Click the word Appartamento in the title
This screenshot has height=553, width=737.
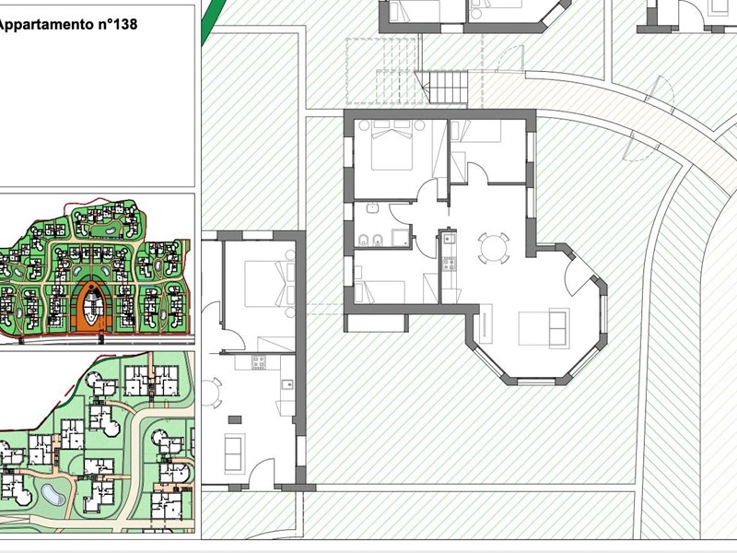click(x=46, y=25)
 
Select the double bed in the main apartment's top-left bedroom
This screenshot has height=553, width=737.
click(x=392, y=146)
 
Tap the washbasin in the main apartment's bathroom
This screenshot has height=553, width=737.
click(x=373, y=207)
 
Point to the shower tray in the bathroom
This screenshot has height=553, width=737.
click(x=401, y=238)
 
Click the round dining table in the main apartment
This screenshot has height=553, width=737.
click(x=493, y=246)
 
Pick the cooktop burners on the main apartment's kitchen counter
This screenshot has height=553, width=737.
click(x=449, y=265)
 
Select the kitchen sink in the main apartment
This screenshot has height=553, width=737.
click(x=449, y=239)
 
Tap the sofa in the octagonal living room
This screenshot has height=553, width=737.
click(x=559, y=328)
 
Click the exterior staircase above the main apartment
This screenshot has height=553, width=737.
click(x=447, y=87)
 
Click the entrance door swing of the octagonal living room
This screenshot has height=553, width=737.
click(x=577, y=276)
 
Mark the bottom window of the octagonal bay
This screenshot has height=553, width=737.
click(x=536, y=381)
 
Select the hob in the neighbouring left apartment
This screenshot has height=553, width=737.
click(x=259, y=362)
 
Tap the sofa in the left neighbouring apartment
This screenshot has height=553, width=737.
click(x=235, y=453)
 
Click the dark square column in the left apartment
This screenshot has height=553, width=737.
click(x=235, y=419)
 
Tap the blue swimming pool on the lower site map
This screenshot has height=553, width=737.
click(x=53, y=495)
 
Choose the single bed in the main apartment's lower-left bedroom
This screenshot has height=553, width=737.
click(x=380, y=291)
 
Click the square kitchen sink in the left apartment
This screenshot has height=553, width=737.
click(x=287, y=384)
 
